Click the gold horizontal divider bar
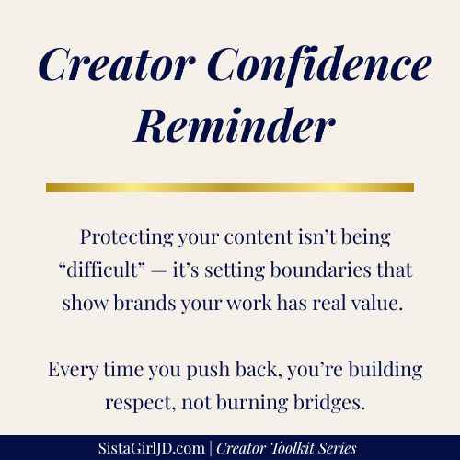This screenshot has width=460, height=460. click(x=229, y=188)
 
